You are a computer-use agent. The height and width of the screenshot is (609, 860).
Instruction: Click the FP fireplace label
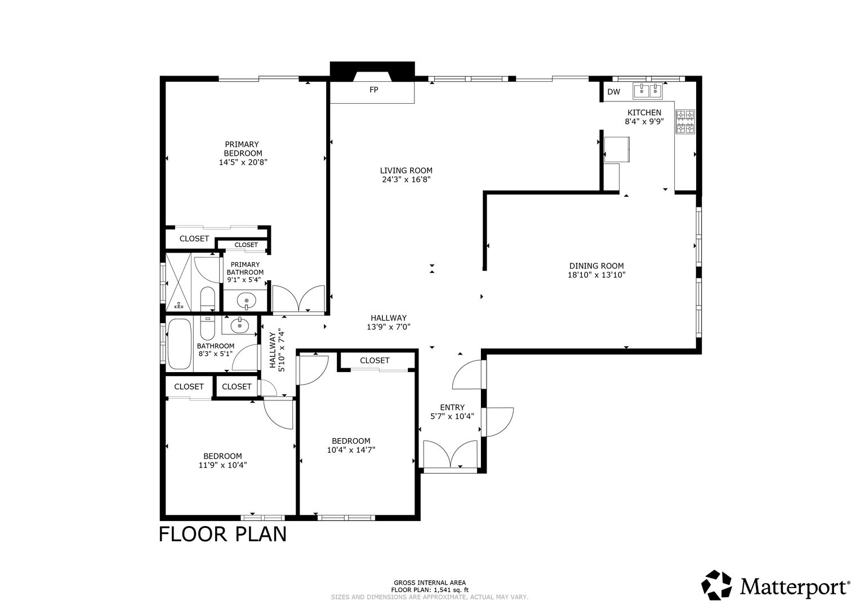coord(373,90)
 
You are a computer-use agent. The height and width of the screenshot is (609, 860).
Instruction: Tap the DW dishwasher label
coord(613,91)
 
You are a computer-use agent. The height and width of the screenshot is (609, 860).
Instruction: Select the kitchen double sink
coord(648,91)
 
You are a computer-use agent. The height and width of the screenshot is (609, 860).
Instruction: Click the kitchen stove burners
coord(685,121)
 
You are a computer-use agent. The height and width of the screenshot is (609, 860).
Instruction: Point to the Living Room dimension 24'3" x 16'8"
coord(406,179)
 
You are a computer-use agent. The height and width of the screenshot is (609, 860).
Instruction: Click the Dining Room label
coord(596,266)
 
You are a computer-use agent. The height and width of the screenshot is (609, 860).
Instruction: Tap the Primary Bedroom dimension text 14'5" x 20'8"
coord(243,162)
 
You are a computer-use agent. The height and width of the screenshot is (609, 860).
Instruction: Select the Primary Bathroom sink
coord(246,300)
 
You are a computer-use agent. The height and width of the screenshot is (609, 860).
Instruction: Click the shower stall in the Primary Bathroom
coord(178,282)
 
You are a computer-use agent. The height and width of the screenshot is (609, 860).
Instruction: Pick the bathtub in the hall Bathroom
coord(179,344)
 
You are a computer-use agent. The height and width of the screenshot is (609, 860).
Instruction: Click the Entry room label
coord(452,407)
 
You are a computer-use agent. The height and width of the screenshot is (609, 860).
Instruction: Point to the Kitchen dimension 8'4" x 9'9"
coord(644,121)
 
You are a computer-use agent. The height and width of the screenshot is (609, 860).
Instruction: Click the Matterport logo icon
coord(716,585)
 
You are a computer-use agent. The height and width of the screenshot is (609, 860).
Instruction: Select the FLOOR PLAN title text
coord(222,534)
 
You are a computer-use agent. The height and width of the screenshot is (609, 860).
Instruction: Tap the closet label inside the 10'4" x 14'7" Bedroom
coord(375,360)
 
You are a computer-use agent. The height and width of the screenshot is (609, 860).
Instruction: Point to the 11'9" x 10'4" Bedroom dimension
coord(222,465)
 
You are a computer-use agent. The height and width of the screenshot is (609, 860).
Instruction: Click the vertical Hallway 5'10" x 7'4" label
coord(277,350)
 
